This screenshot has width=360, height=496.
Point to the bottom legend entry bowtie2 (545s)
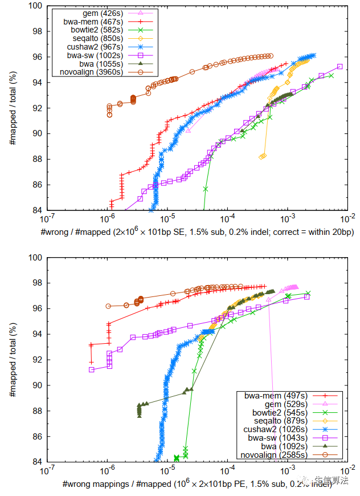coord(267,412)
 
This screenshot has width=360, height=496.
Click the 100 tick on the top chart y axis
coord(36,6)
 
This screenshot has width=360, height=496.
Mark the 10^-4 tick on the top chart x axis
coord(227,217)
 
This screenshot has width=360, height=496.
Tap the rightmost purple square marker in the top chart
coord(340,67)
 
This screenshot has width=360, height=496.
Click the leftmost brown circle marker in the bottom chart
coord(108,306)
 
